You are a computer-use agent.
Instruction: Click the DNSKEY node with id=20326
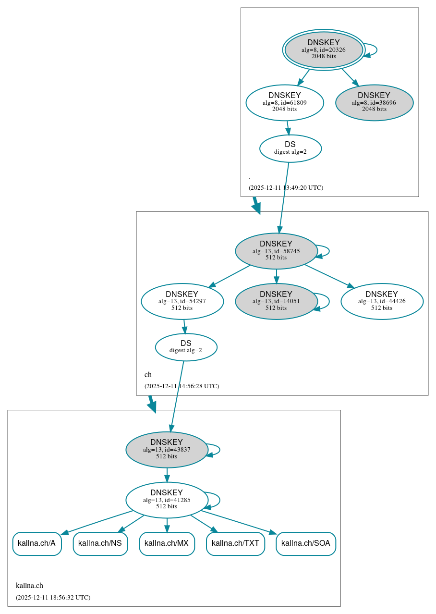pyautogui.click(x=324, y=49)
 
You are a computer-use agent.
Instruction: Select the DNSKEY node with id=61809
pyautogui.click(x=285, y=102)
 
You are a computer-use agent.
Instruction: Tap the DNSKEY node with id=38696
pyautogui.click(x=374, y=102)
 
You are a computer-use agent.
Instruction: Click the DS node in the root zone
pyautogui.click(x=291, y=148)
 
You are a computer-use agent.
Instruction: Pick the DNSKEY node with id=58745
pyautogui.click(x=276, y=251)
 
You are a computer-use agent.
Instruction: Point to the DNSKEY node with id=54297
pyautogui.click(x=182, y=301)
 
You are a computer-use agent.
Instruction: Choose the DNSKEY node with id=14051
pyautogui.click(x=276, y=301)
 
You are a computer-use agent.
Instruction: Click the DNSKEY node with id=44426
pyautogui.click(x=382, y=301)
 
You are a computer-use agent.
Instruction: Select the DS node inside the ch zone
pyautogui.click(x=186, y=347)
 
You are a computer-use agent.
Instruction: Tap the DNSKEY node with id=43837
pyautogui.click(x=167, y=450)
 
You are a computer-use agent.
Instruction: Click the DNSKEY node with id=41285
pyautogui.click(x=167, y=500)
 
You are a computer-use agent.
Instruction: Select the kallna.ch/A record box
pyautogui.click(x=37, y=543)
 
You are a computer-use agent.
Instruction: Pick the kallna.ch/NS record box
pyautogui.click(x=100, y=543)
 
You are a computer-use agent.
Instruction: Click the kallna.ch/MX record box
pyautogui.click(x=167, y=543)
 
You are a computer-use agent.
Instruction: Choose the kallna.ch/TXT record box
pyautogui.click(x=235, y=543)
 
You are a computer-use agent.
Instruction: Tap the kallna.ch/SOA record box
pyautogui.click(x=306, y=543)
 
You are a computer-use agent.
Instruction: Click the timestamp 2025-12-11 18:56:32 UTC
pyautogui.click(x=53, y=598)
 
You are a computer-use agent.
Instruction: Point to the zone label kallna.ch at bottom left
pyautogui.click(x=29, y=585)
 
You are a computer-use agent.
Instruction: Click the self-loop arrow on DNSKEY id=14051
pyautogui.click(x=328, y=301)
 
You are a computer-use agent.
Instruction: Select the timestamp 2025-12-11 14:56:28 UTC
pyautogui.click(x=182, y=386)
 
